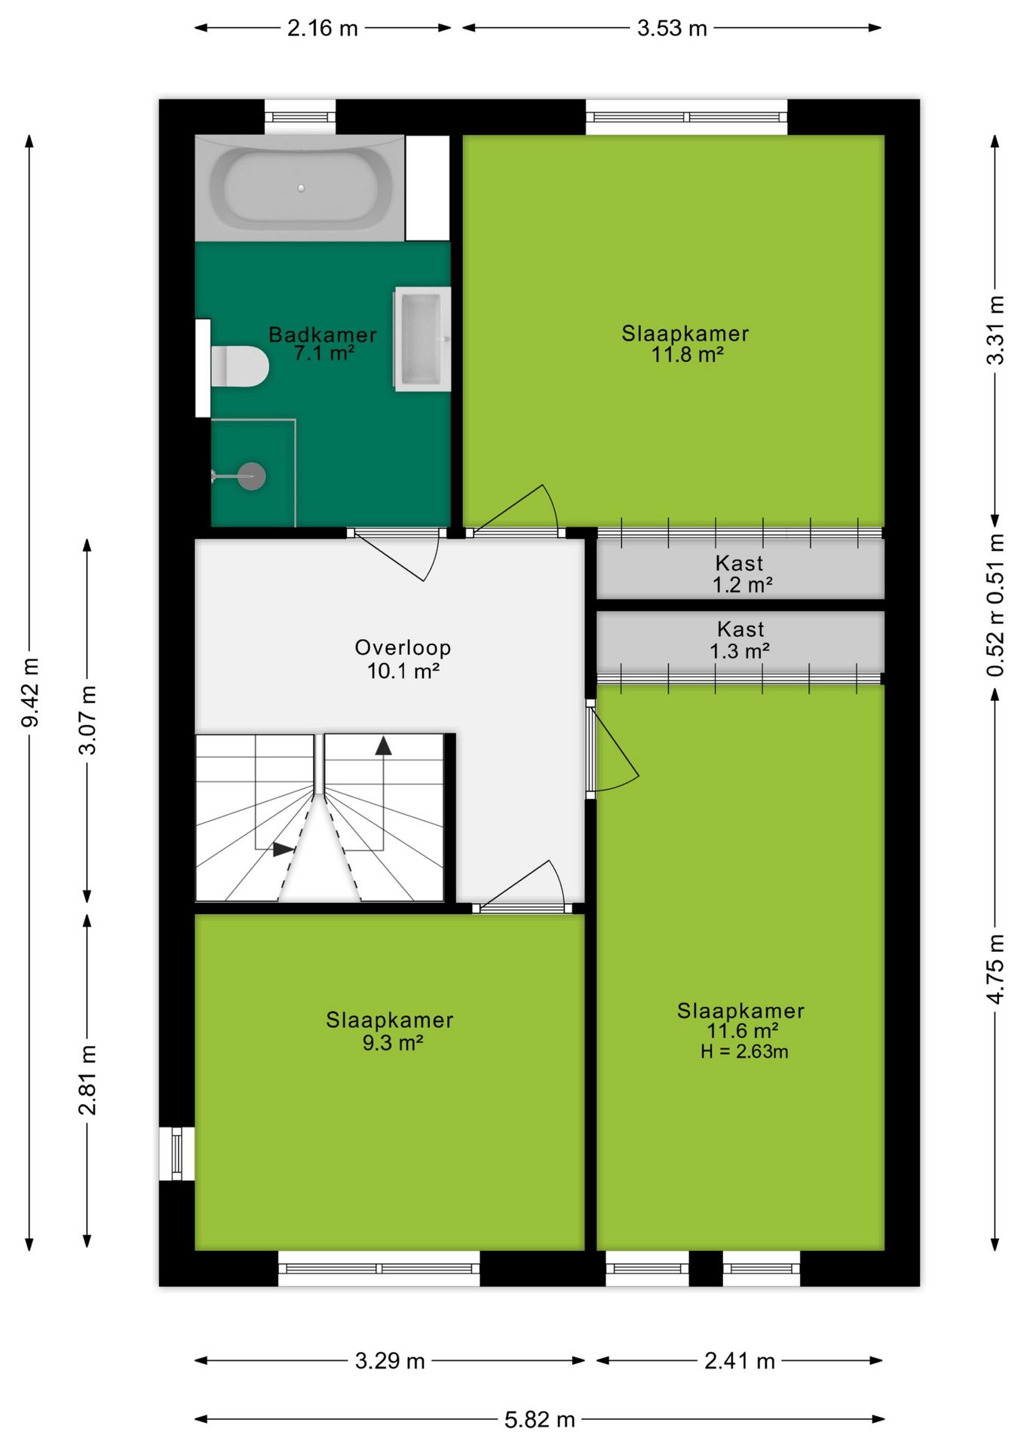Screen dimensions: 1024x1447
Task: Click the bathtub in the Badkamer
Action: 299,188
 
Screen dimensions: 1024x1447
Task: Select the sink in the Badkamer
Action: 422,339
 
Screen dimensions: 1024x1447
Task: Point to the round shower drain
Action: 252,476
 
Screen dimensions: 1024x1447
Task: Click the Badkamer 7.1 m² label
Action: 323,344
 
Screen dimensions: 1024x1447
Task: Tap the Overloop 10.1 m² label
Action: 403,659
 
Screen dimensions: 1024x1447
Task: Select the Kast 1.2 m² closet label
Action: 741,574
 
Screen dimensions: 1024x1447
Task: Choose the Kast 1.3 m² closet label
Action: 740,640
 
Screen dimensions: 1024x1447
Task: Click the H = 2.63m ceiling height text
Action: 744,1052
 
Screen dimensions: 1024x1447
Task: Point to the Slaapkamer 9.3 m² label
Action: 390,1031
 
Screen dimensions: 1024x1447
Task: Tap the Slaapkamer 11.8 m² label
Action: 685,344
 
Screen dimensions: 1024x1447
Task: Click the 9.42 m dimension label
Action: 30,692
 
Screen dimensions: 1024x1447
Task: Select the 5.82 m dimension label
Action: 540,1420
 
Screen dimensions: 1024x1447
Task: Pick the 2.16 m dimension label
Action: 323,29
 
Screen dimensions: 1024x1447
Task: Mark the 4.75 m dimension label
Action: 995,968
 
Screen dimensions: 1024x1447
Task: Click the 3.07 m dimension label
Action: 87,720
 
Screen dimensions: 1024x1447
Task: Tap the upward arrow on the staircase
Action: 384,745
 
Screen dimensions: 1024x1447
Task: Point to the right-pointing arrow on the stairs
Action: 284,849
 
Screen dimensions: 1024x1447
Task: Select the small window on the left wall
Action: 177,1154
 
